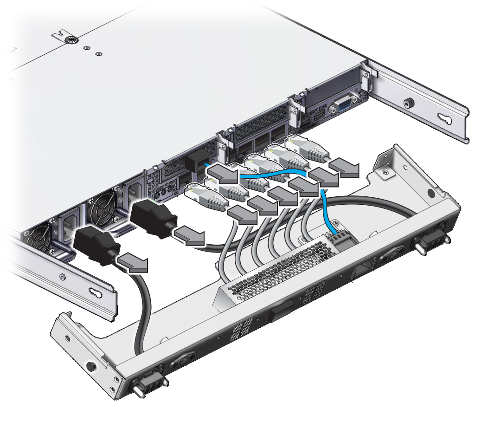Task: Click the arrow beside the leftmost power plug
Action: [x=134, y=263]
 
